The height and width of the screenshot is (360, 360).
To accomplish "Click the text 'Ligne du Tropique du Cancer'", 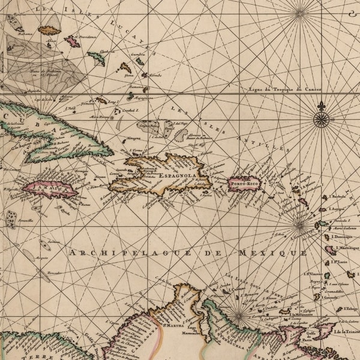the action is pyautogui.click(x=285, y=89).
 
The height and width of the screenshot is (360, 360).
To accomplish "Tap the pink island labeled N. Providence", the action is pyautogui.click(x=72, y=41).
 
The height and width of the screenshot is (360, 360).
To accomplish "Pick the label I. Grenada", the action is pyautogui.click(x=331, y=297).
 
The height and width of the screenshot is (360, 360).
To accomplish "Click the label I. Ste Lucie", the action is pyautogui.click(x=342, y=262).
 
